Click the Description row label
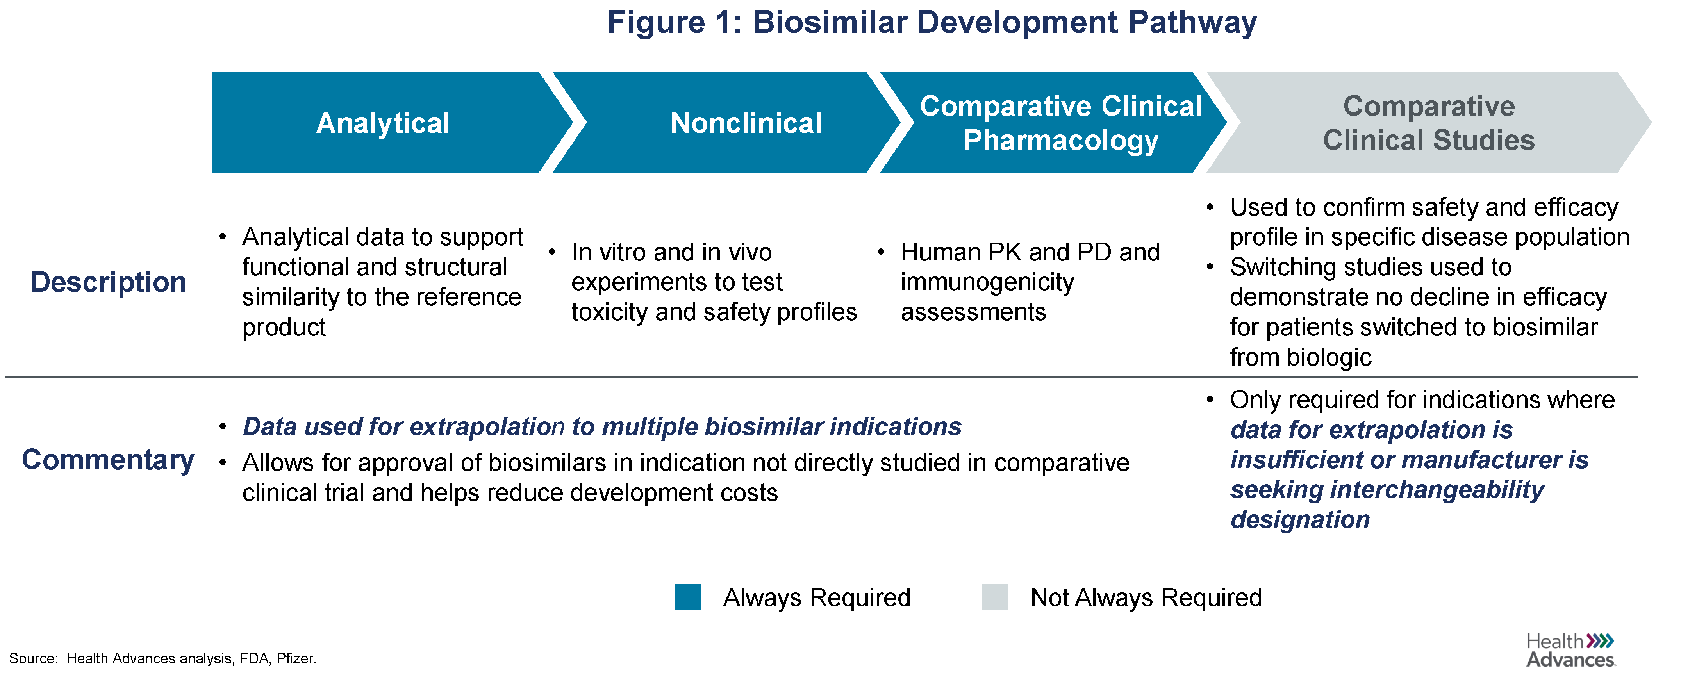click(x=108, y=282)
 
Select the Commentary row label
click(x=108, y=460)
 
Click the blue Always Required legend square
click(x=687, y=597)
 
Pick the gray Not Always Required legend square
click(x=994, y=597)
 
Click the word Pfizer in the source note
click(x=296, y=659)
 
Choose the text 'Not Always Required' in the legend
click(x=1146, y=597)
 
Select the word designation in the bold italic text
click(x=1300, y=520)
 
